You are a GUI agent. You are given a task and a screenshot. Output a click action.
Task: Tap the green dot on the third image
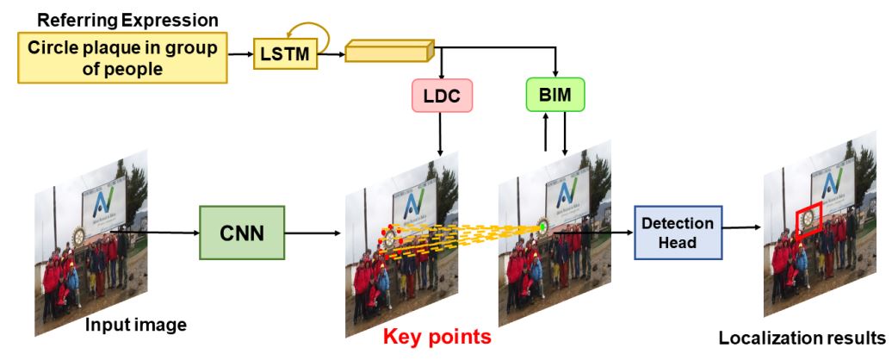tap(542, 227)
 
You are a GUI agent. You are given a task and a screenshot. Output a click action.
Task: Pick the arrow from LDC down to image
tap(441, 134)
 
